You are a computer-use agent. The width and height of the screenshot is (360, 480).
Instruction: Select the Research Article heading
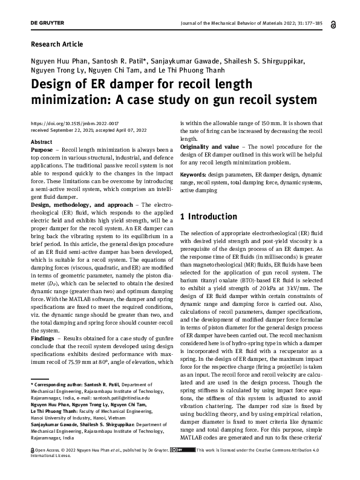[56, 44]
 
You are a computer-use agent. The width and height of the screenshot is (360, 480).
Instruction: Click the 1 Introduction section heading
[209, 216]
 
